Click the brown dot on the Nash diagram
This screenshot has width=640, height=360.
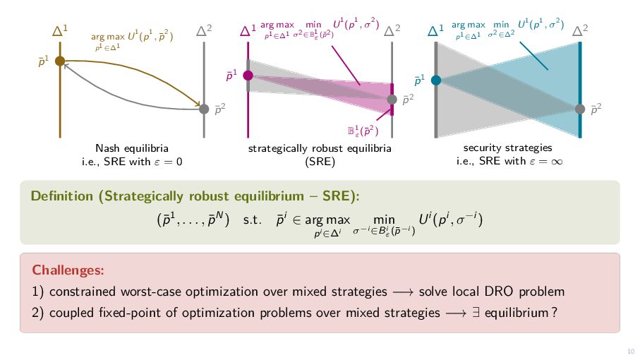pos(60,62)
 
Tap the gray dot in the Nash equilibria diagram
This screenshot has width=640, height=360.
pos(204,109)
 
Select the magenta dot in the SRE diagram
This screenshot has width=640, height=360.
pos(248,75)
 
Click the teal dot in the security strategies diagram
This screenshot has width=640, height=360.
pos(436,80)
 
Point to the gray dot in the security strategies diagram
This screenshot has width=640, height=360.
pos(580,109)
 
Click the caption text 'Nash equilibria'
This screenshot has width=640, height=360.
pos(132,148)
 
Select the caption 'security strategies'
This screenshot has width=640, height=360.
pos(507,148)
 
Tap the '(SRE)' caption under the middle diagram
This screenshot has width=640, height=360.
pos(320,161)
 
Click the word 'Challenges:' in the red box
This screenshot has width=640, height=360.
pos(68,270)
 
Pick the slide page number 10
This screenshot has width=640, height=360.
pos(630,352)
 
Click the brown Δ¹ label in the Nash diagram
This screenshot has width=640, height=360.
pos(60,30)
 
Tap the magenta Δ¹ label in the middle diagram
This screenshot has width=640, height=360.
pos(248,30)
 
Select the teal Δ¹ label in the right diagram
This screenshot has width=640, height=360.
pos(435,30)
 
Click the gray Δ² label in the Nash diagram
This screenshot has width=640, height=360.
pos(204,30)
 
